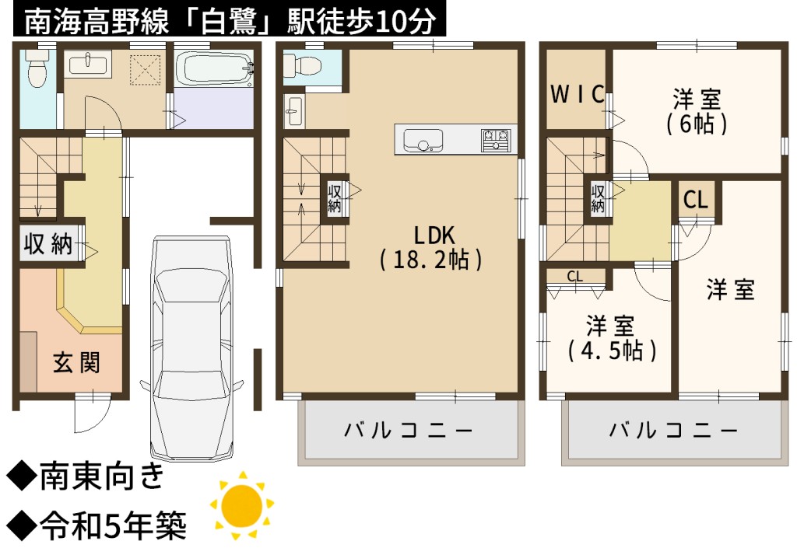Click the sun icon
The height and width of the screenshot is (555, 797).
[x=243, y=505]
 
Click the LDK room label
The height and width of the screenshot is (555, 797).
[x=431, y=247]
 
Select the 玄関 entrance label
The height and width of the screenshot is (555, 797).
[x=76, y=362]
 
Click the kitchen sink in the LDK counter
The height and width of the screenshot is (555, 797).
[x=423, y=140]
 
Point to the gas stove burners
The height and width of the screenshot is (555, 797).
[x=495, y=140]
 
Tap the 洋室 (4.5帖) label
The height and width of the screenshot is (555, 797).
[x=612, y=338]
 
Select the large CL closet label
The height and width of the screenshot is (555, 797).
[x=695, y=200]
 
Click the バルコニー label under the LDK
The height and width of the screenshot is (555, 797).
[x=408, y=431]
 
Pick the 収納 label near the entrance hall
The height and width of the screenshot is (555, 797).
[x=47, y=244]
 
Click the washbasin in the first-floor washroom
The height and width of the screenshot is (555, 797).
[x=88, y=65]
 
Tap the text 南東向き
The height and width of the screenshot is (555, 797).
[x=102, y=476]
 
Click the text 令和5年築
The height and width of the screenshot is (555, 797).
[x=114, y=525]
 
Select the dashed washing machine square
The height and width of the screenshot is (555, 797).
[x=145, y=70]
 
